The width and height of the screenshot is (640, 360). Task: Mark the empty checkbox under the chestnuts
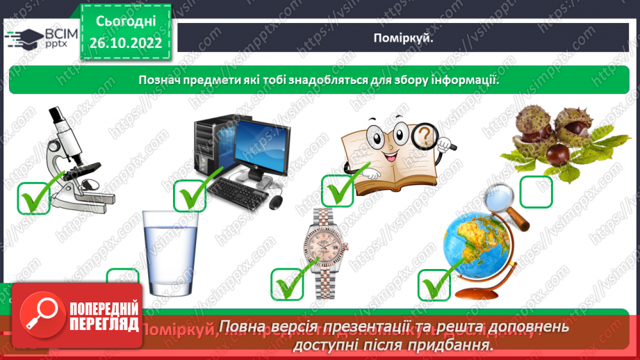536,191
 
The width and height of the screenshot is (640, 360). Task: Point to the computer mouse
276,202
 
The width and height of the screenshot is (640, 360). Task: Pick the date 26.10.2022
125,43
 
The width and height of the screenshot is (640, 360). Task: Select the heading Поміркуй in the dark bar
408,39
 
